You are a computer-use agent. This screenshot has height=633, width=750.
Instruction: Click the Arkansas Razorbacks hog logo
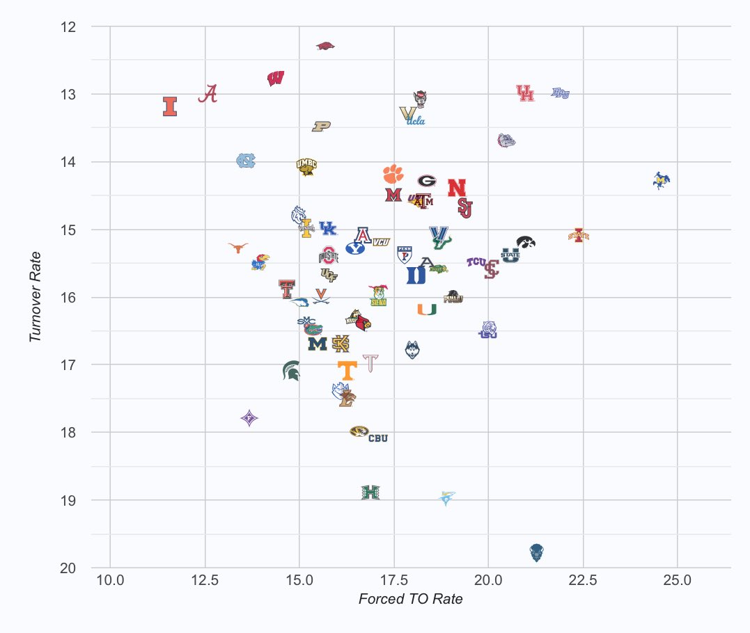(x=325, y=46)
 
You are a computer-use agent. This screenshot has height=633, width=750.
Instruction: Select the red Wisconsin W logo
(x=275, y=78)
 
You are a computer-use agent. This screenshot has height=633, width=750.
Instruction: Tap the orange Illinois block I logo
(x=170, y=106)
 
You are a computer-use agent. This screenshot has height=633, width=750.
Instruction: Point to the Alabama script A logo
(x=208, y=94)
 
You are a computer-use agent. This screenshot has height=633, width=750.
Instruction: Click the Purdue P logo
(x=321, y=126)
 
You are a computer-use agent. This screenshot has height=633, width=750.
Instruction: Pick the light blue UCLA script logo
(x=416, y=120)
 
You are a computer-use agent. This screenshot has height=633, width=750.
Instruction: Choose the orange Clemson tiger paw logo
(x=393, y=173)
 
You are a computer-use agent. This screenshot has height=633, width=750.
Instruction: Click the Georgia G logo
(x=427, y=181)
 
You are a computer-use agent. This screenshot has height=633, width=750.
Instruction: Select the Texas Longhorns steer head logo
(x=238, y=248)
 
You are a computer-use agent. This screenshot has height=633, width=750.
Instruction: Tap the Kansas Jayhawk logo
(x=260, y=263)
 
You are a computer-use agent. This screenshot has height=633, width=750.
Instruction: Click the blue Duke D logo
(x=416, y=275)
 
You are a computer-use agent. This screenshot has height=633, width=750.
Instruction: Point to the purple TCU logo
(x=476, y=262)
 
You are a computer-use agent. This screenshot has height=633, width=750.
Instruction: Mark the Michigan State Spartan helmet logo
(x=291, y=371)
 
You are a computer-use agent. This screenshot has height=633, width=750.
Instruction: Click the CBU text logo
(x=378, y=438)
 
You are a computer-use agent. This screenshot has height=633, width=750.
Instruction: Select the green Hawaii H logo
(x=370, y=492)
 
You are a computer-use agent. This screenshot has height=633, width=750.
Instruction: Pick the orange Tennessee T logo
(x=347, y=370)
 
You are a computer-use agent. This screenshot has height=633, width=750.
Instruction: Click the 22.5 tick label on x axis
(x=583, y=579)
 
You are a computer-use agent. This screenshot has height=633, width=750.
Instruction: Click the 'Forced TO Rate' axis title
(x=410, y=599)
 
